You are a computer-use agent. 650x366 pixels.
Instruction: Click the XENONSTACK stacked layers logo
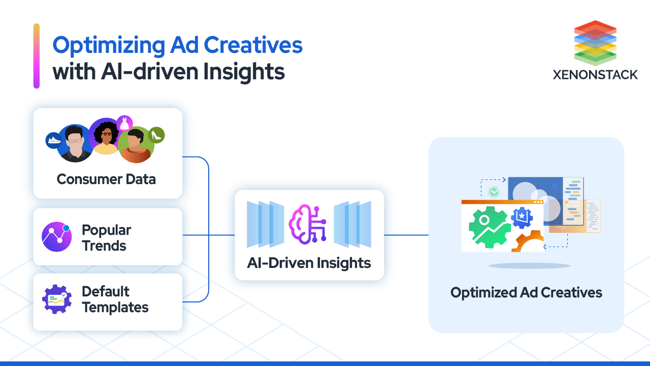[595, 43]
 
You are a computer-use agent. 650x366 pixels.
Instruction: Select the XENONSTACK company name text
[595, 75]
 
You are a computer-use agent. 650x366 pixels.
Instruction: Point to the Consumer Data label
[106, 179]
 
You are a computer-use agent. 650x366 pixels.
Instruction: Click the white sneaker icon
[53, 140]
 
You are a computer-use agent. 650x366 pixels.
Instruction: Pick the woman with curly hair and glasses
[105, 136]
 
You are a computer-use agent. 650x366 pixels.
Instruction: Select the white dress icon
[124, 123]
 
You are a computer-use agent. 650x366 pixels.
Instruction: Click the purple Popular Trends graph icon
[57, 237]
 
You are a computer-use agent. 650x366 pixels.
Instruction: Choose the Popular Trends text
[106, 238]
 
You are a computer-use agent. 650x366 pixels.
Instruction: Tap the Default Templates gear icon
[57, 299]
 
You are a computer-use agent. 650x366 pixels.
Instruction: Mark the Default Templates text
[115, 299]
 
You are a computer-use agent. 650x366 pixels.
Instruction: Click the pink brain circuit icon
[308, 223]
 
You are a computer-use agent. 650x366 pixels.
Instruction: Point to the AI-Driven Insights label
[309, 263]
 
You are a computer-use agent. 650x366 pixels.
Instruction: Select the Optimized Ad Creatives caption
[526, 293]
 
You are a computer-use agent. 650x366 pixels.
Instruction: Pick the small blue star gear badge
[522, 218]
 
